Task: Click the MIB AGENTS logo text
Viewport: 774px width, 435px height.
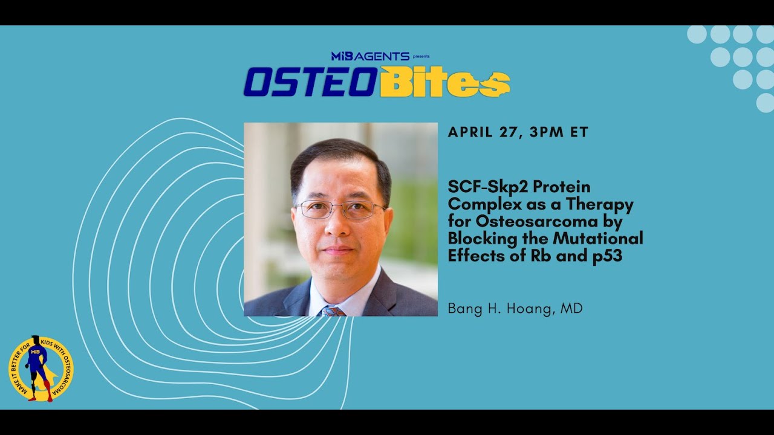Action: click(370, 56)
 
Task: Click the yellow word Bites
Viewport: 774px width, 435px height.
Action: click(444, 83)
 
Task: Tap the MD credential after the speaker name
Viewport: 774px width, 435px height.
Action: click(571, 309)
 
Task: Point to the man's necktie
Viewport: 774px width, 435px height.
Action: click(333, 311)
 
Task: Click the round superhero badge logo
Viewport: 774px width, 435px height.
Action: click(41, 369)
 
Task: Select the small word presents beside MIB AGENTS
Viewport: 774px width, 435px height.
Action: click(421, 57)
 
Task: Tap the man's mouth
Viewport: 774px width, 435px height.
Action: click(339, 249)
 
